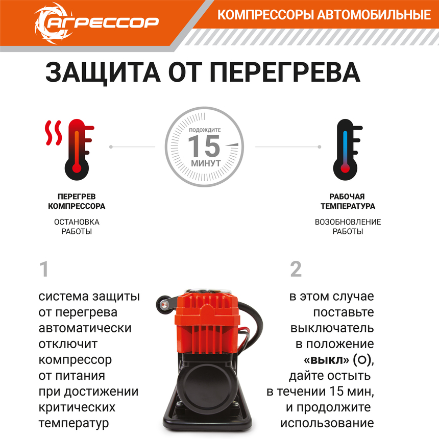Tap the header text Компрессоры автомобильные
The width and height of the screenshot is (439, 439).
coord(324,15)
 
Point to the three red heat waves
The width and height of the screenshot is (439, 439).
coord(53,133)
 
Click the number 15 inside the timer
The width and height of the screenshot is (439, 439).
coord(203,147)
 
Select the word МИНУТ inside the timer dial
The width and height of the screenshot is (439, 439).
coord(206,164)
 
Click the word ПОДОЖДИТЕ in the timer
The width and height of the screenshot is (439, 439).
coord(205,131)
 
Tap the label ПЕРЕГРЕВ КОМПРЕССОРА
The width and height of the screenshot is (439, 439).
coord(77,202)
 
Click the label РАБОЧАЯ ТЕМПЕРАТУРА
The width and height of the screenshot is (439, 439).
coord(348,202)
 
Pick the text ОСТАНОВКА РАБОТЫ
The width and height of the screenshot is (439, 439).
coord(77,227)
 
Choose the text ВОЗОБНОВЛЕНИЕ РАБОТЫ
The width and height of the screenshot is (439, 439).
coord(348,227)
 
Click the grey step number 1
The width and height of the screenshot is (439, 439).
coord(44,270)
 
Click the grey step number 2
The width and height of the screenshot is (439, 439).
coord(296,270)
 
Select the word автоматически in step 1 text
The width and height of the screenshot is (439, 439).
coord(85,328)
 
